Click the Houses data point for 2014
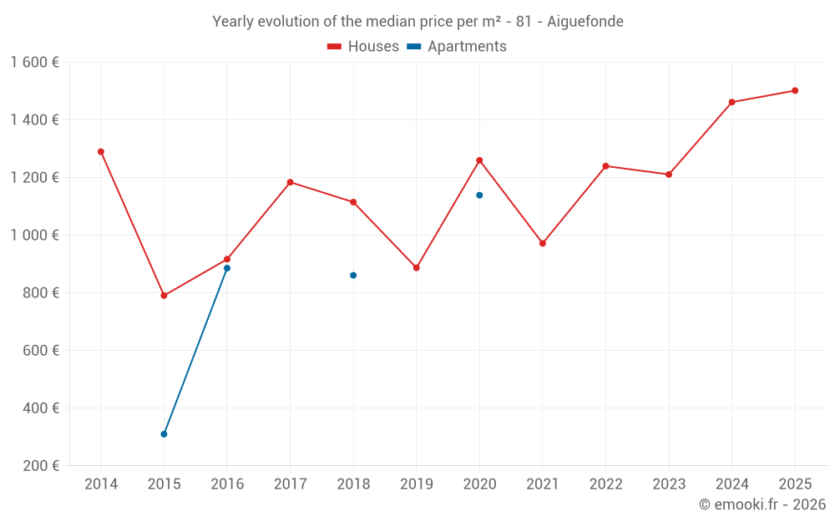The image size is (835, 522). (101, 152)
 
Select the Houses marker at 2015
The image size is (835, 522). (164, 296)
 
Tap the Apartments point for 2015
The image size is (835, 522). (164, 434)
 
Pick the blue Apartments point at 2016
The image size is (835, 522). (227, 268)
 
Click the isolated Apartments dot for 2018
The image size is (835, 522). (353, 275)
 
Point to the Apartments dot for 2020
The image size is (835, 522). (479, 195)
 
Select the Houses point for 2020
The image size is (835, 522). (479, 160)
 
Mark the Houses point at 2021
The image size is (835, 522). (543, 243)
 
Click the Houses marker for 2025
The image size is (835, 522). (795, 91)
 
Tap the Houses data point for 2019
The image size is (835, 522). (417, 268)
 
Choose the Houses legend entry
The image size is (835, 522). (363, 47)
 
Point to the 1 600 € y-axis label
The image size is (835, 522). (35, 63)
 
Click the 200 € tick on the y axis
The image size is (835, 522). (40, 466)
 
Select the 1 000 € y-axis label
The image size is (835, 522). (35, 236)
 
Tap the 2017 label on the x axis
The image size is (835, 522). (290, 484)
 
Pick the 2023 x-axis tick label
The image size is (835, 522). (669, 484)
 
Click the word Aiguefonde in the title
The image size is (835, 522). (584, 22)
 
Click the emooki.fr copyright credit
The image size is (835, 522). (762, 504)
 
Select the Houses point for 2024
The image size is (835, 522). (732, 102)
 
